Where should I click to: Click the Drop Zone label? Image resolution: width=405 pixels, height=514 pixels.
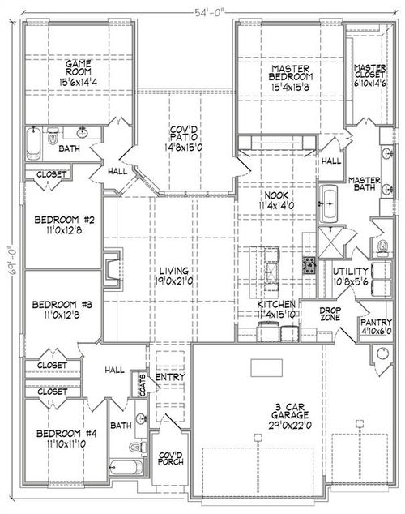329,314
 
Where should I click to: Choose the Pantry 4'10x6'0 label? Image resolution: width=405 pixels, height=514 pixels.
376,327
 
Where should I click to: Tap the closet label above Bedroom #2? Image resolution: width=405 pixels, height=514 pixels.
45,173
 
